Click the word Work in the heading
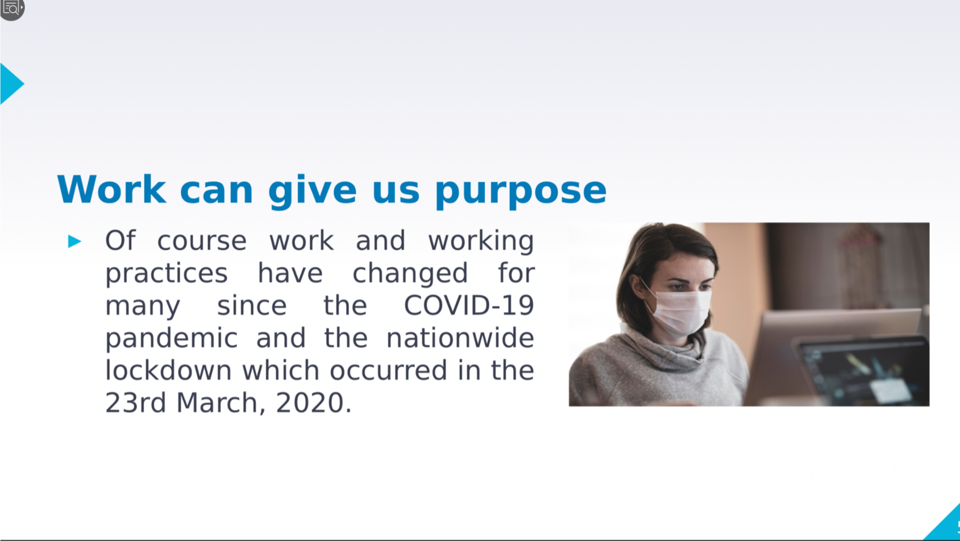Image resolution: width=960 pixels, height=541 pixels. [x=111, y=190]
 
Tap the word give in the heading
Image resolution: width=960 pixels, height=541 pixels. [x=313, y=191]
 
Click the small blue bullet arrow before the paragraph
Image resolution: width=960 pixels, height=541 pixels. [x=74, y=241]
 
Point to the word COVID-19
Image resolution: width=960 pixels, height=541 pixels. [x=469, y=305]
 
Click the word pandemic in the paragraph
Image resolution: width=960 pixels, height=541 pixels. [x=172, y=339]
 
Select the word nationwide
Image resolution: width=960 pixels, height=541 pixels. [x=460, y=338]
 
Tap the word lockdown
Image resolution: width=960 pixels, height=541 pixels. [x=168, y=370]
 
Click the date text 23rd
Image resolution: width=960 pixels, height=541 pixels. [x=135, y=402]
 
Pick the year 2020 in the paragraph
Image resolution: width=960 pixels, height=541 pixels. [x=310, y=402]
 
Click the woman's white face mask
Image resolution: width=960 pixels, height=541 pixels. [x=681, y=312]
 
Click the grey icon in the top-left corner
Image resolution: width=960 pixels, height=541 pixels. [x=12, y=9]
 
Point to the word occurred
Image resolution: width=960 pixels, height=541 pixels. [x=388, y=371]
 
